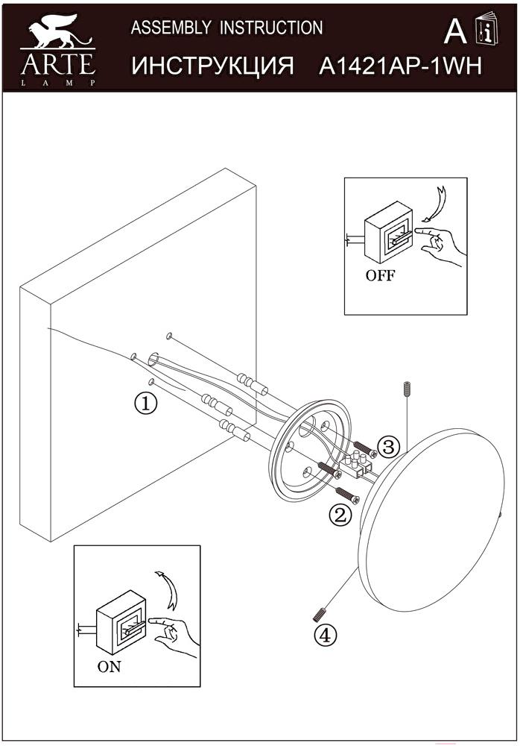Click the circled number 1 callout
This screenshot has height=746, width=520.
[x=145, y=403]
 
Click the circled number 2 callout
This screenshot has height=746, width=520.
[x=340, y=515]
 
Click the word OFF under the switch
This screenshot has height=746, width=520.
[x=380, y=275]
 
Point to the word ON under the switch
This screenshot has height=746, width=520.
[x=109, y=667]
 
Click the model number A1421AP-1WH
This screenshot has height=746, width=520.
[x=400, y=66]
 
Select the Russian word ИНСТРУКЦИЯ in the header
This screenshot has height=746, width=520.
[x=213, y=66]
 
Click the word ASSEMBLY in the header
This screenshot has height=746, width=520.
[x=171, y=28]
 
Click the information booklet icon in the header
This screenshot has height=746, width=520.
[x=486, y=29]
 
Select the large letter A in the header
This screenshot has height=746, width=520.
[x=455, y=31]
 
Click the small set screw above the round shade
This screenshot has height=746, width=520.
[x=406, y=389]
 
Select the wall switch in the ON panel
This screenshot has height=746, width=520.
[x=119, y=623]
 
